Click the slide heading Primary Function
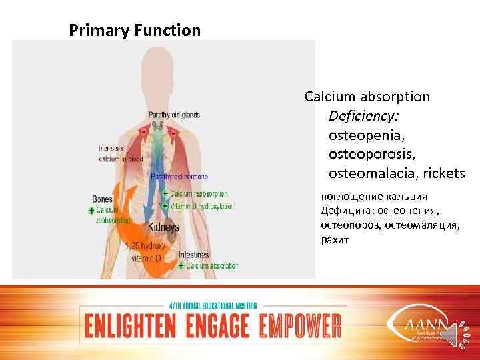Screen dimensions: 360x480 (135, 31)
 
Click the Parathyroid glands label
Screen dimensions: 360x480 (174, 115)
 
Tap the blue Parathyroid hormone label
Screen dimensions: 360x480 (179, 177)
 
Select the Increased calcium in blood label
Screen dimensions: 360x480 (121, 153)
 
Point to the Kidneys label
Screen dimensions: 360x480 (163, 227)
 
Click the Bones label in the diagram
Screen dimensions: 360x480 (103, 199)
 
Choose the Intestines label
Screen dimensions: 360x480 (193, 255)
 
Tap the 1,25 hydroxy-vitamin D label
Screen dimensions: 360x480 (145, 249)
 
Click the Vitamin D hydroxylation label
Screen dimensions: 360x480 (202, 207)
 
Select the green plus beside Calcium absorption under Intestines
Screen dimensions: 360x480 (181, 266)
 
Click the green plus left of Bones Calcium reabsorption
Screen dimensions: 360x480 (91, 211)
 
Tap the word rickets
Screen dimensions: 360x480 (443, 173)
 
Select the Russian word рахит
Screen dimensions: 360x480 (334, 239)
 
